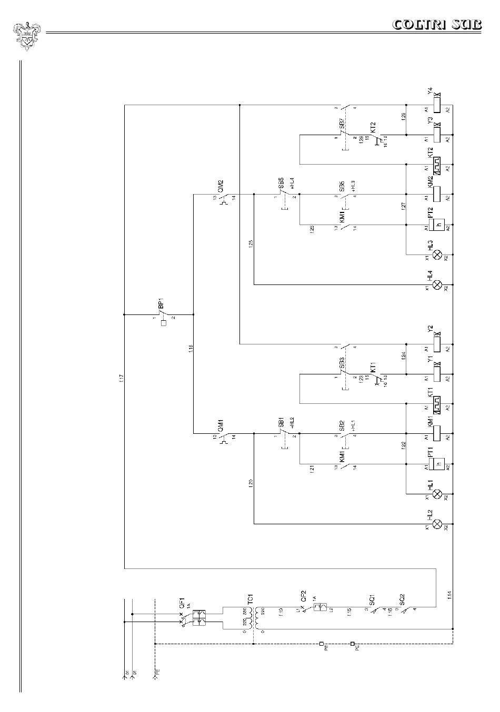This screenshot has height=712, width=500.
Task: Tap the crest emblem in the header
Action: [x=24, y=35]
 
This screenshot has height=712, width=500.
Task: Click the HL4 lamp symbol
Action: [x=436, y=285]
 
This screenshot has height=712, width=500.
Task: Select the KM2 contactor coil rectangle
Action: [x=436, y=195]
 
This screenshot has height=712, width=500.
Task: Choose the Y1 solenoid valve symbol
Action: [x=436, y=374]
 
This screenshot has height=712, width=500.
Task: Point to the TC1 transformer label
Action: [x=251, y=599]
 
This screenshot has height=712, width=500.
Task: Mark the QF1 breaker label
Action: [x=182, y=603]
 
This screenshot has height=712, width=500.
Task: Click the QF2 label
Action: [x=304, y=596]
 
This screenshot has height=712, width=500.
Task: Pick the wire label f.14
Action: [x=449, y=595]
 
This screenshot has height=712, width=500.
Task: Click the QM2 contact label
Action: [x=221, y=186]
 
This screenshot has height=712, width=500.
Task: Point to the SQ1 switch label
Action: [x=372, y=599]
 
